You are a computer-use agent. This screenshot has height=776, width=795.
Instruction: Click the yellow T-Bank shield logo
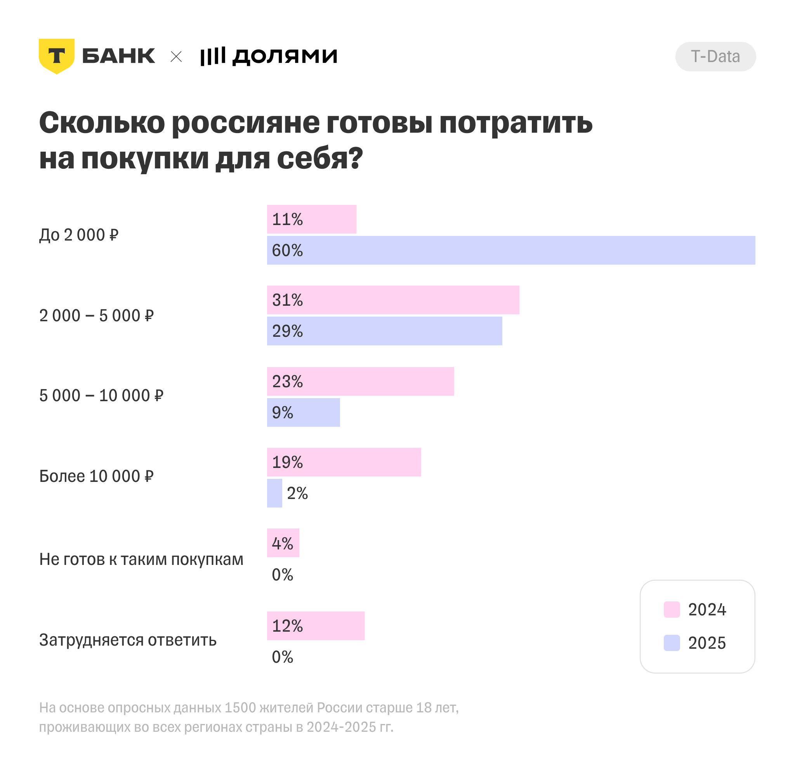tap(57, 56)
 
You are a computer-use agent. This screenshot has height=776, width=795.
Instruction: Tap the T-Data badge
tap(715, 57)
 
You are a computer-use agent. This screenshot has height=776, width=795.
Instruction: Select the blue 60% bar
tap(511, 250)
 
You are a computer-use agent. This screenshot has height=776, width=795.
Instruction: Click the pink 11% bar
tap(311, 219)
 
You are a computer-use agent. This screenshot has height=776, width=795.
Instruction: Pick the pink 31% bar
tap(393, 300)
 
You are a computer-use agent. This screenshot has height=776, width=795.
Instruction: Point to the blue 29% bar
tap(384, 331)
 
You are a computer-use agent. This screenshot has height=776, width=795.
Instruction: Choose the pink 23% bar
tap(360, 381)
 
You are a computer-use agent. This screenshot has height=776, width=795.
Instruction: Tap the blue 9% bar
tap(303, 412)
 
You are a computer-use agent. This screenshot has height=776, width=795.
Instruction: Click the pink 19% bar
tap(344, 462)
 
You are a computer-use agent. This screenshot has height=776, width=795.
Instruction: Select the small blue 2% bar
tap(274, 493)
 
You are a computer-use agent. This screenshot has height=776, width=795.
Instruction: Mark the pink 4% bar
tap(283, 543)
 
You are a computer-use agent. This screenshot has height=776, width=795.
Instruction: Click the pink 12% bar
tap(316, 625)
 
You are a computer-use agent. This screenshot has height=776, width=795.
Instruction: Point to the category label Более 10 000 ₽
tap(96, 476)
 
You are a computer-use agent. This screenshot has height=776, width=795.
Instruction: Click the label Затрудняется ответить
tap(128, 640)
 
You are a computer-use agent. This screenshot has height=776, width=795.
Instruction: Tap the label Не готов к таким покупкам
tap(141, 559)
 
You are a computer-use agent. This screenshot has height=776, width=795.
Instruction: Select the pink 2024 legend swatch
tap(672, 610)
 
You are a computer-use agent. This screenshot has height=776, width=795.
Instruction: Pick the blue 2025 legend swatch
tap(672, 643)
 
